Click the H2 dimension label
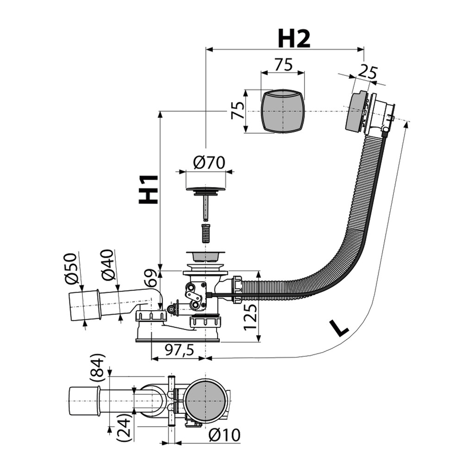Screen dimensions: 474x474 tap(294, 39)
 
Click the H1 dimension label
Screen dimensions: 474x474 tap(149, 189)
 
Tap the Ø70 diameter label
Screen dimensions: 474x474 tap(209, 162)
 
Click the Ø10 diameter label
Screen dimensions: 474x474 tap(225, 435)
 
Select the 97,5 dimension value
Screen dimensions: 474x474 tap(180, 350)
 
